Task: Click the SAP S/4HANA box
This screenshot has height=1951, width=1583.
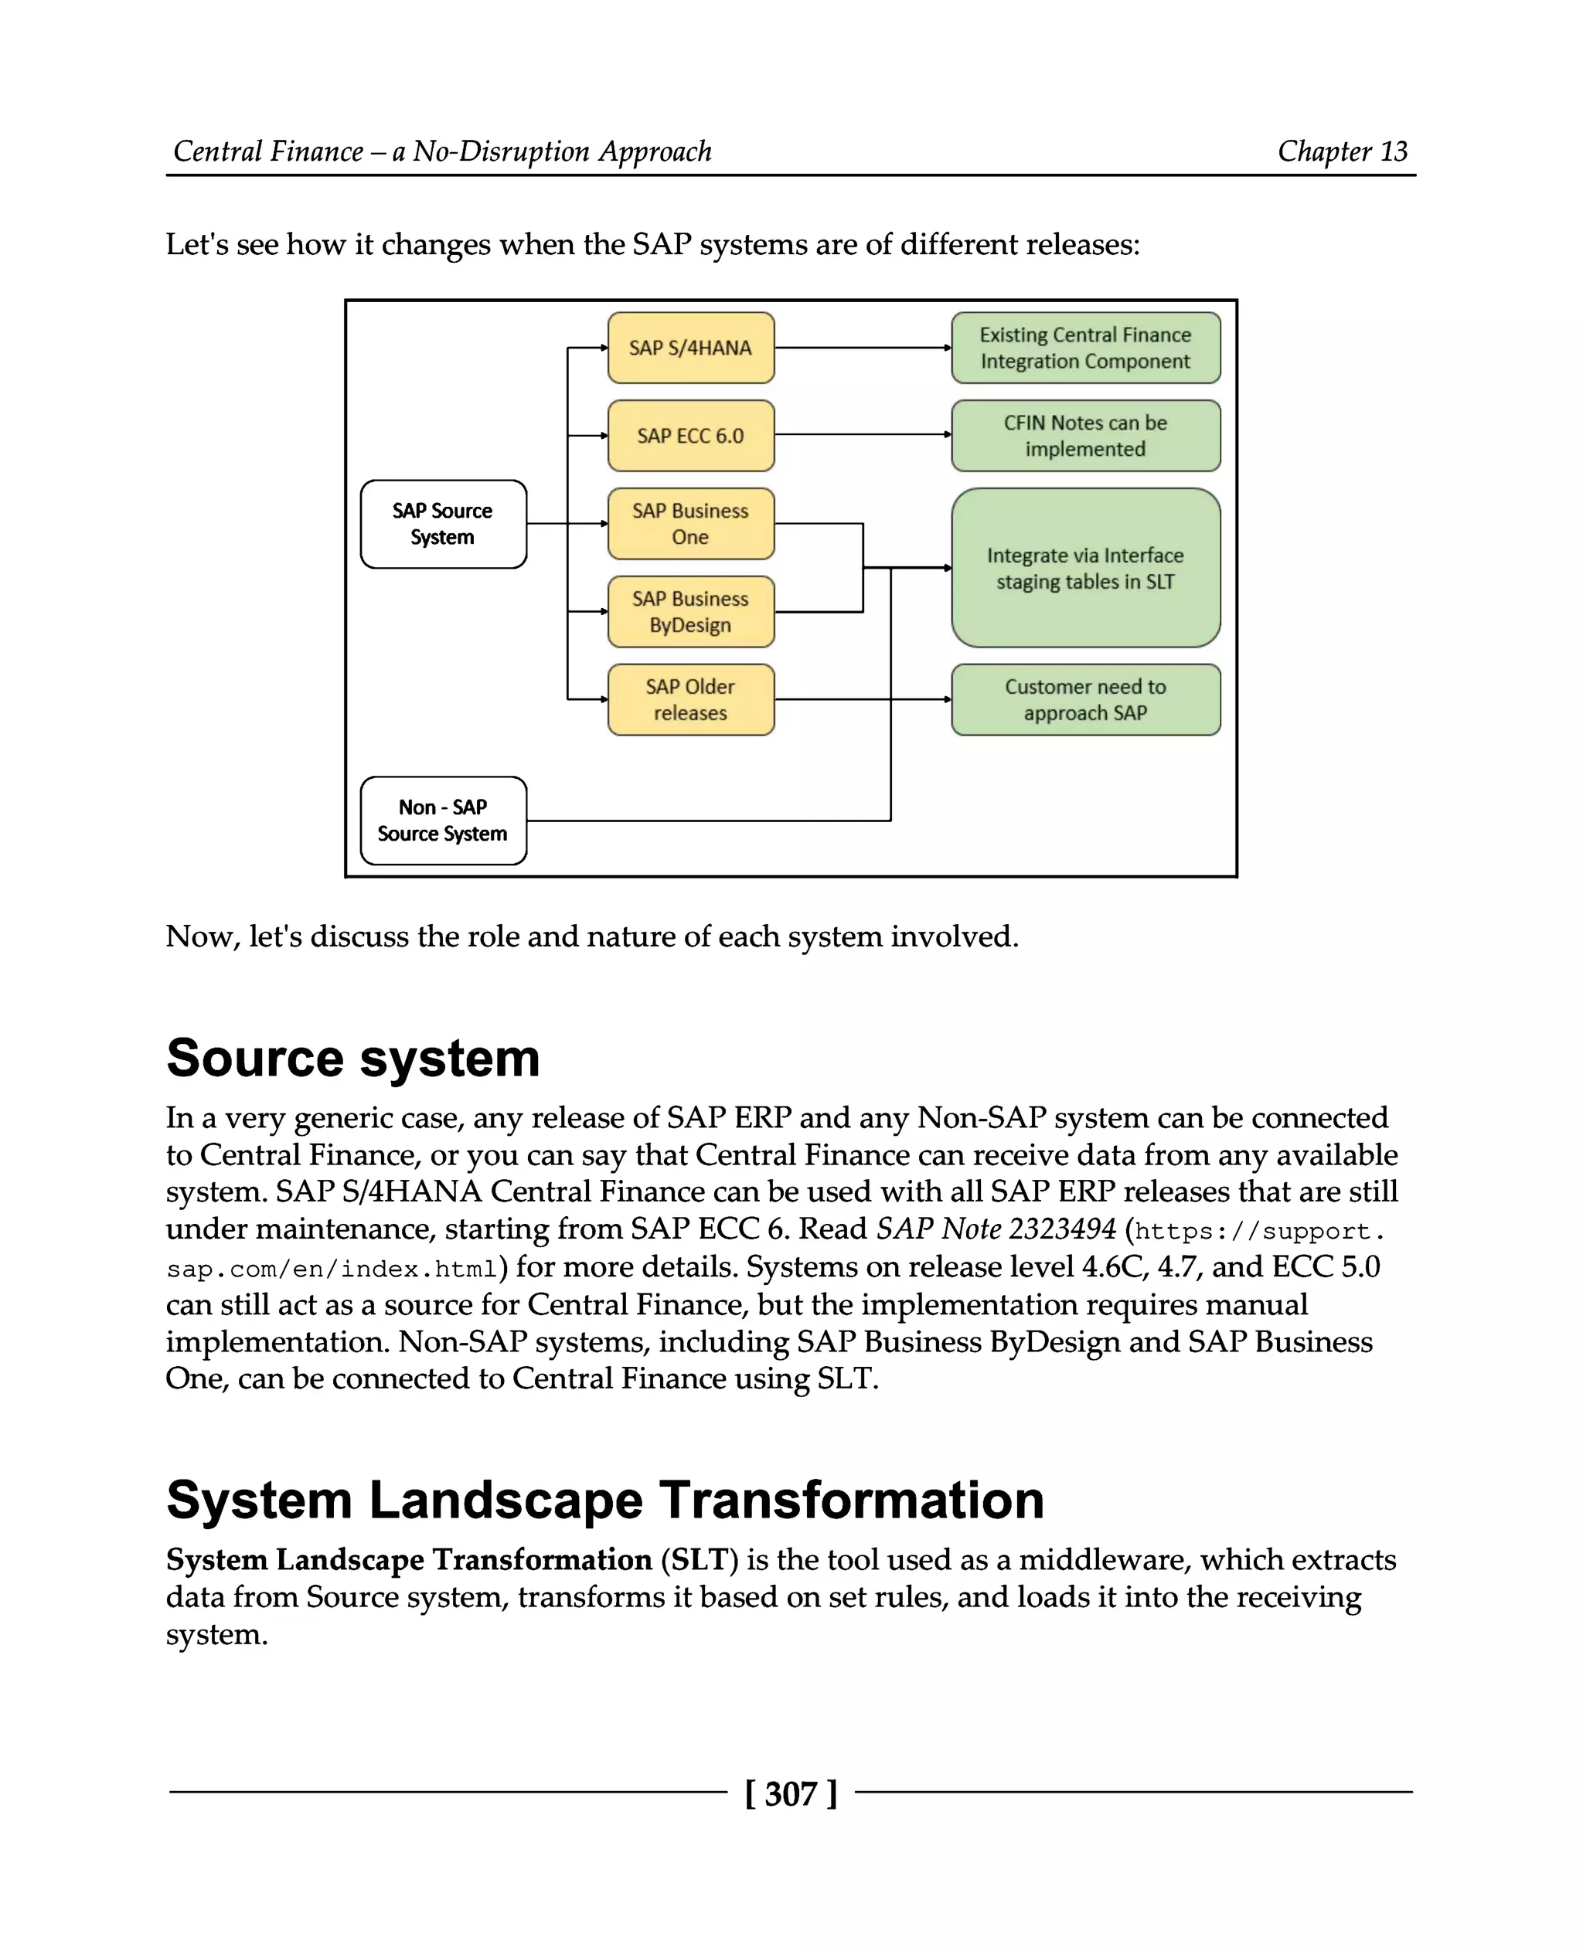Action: (x=690, y=348)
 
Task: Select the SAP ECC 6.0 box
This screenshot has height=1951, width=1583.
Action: (x=690, y=436)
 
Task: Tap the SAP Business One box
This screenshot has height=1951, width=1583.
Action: (x=690, y=523)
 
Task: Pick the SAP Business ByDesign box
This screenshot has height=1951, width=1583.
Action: (x=690, y=612)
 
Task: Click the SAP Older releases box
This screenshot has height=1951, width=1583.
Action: (x=690, y=699)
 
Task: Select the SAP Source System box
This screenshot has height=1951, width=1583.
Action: (x=443, y=524)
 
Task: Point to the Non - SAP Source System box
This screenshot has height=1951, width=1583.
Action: (x=443, y=821)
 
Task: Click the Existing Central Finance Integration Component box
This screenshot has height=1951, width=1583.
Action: (x=1085, y=348)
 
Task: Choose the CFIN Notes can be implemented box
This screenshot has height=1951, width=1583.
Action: (x=1085, y=436)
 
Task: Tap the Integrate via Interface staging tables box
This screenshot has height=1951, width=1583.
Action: (x=1085, y=568)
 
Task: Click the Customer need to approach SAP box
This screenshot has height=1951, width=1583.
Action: (x=1085, y=699)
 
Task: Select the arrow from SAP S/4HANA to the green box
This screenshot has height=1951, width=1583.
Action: (x=862, y=348)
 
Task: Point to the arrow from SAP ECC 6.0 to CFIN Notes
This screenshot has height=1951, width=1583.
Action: (x=862, y=435)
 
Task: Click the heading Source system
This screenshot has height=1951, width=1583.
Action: (x=353, y=1059)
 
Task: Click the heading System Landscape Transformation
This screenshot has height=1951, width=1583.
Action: (x=604, y=1500)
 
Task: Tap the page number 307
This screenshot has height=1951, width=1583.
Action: (x=791, y=1794)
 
